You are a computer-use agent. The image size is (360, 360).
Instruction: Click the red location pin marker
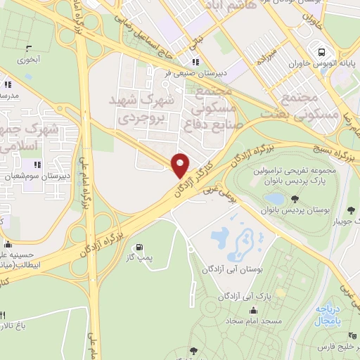(181, 165)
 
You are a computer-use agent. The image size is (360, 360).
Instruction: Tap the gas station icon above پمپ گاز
(140, 247)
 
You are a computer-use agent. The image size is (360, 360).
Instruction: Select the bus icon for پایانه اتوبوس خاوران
(321, 52)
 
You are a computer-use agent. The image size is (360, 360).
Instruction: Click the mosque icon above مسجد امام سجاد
(252, 311)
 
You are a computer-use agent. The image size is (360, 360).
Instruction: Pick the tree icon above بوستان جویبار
(350, 210)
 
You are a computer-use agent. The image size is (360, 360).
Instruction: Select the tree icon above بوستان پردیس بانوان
(295, 199)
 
